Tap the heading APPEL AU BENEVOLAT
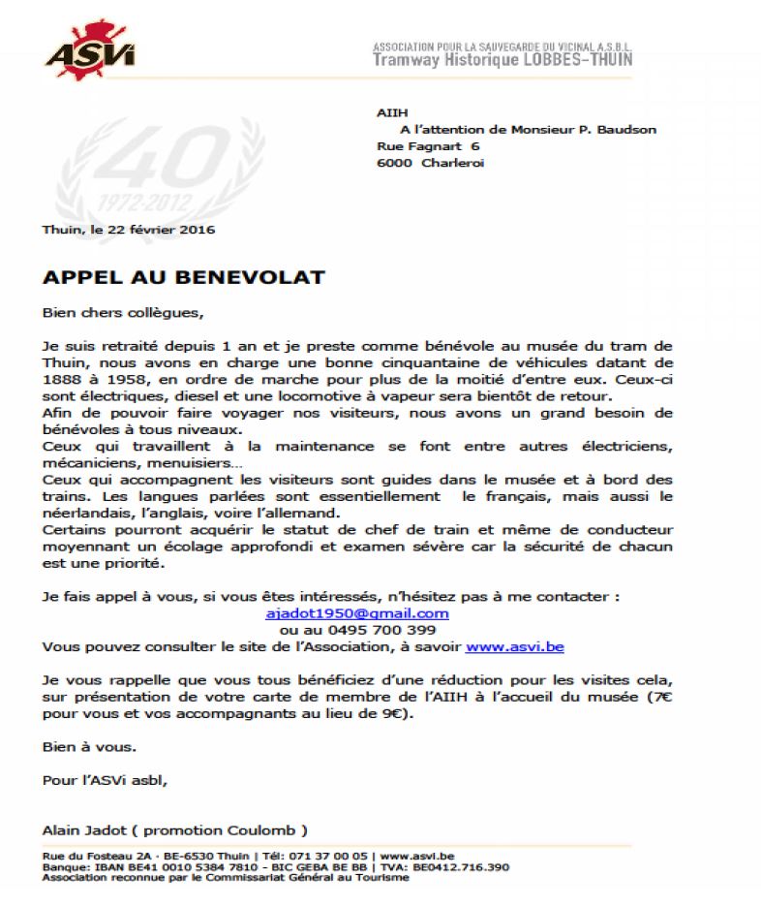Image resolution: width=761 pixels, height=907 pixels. point(184,277)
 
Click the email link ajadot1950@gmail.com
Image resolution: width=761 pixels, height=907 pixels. point(356,613)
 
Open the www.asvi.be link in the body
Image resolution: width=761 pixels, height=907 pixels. point(501,645)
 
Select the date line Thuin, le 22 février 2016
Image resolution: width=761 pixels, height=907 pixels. point(129,230)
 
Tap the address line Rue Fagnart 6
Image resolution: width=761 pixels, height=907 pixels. point(427,145)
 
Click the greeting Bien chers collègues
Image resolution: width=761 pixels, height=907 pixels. point(124,313)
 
